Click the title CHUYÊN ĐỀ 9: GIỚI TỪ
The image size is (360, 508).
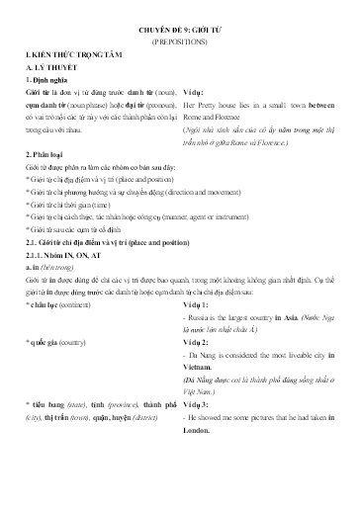(x=181, y=31)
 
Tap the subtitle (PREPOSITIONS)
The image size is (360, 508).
(x=181, y=44)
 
